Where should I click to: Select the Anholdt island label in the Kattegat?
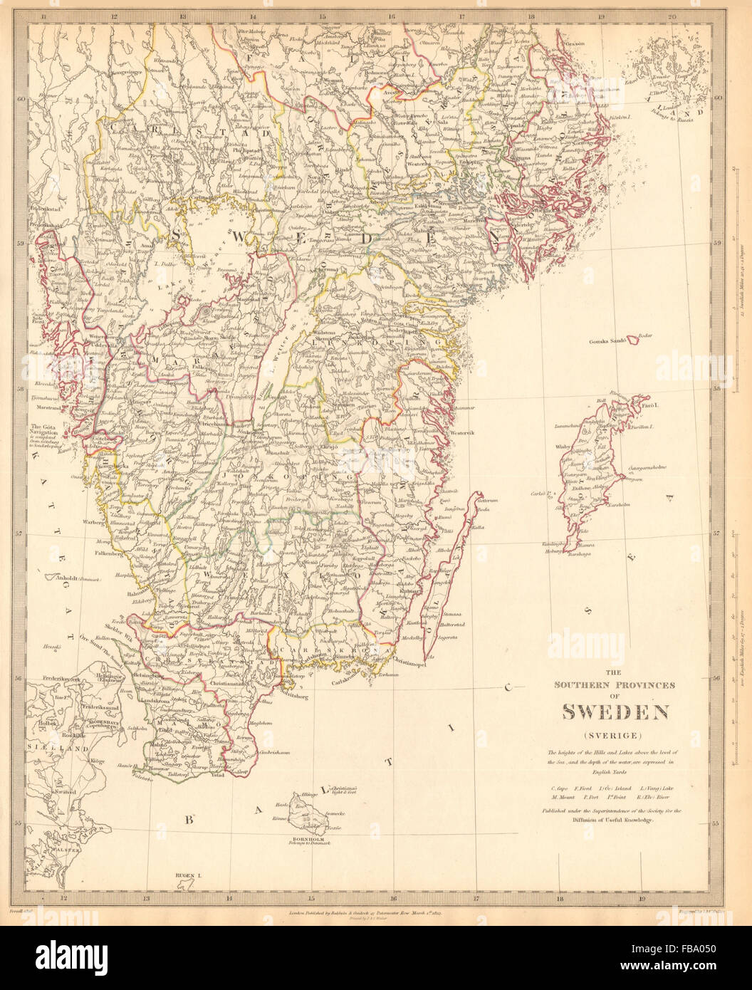coord(66,578)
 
